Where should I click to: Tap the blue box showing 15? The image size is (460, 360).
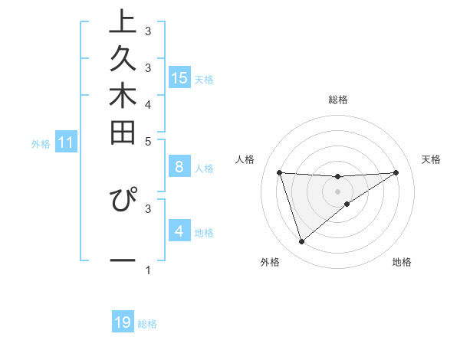179,78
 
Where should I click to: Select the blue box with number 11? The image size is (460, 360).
67,142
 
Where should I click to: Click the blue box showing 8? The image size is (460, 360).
179,167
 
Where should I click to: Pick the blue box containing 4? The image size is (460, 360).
179,231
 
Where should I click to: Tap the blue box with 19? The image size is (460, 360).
123,322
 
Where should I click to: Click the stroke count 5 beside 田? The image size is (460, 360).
148,141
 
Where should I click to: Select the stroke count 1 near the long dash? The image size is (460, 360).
148,270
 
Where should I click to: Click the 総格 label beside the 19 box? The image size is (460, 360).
148,324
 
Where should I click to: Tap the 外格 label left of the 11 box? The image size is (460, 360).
41,143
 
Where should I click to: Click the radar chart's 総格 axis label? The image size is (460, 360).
338,100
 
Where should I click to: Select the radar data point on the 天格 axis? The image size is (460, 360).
396,172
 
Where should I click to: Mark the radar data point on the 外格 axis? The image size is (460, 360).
301,241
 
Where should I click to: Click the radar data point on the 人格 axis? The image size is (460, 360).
280,172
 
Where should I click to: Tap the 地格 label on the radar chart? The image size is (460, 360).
402,263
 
